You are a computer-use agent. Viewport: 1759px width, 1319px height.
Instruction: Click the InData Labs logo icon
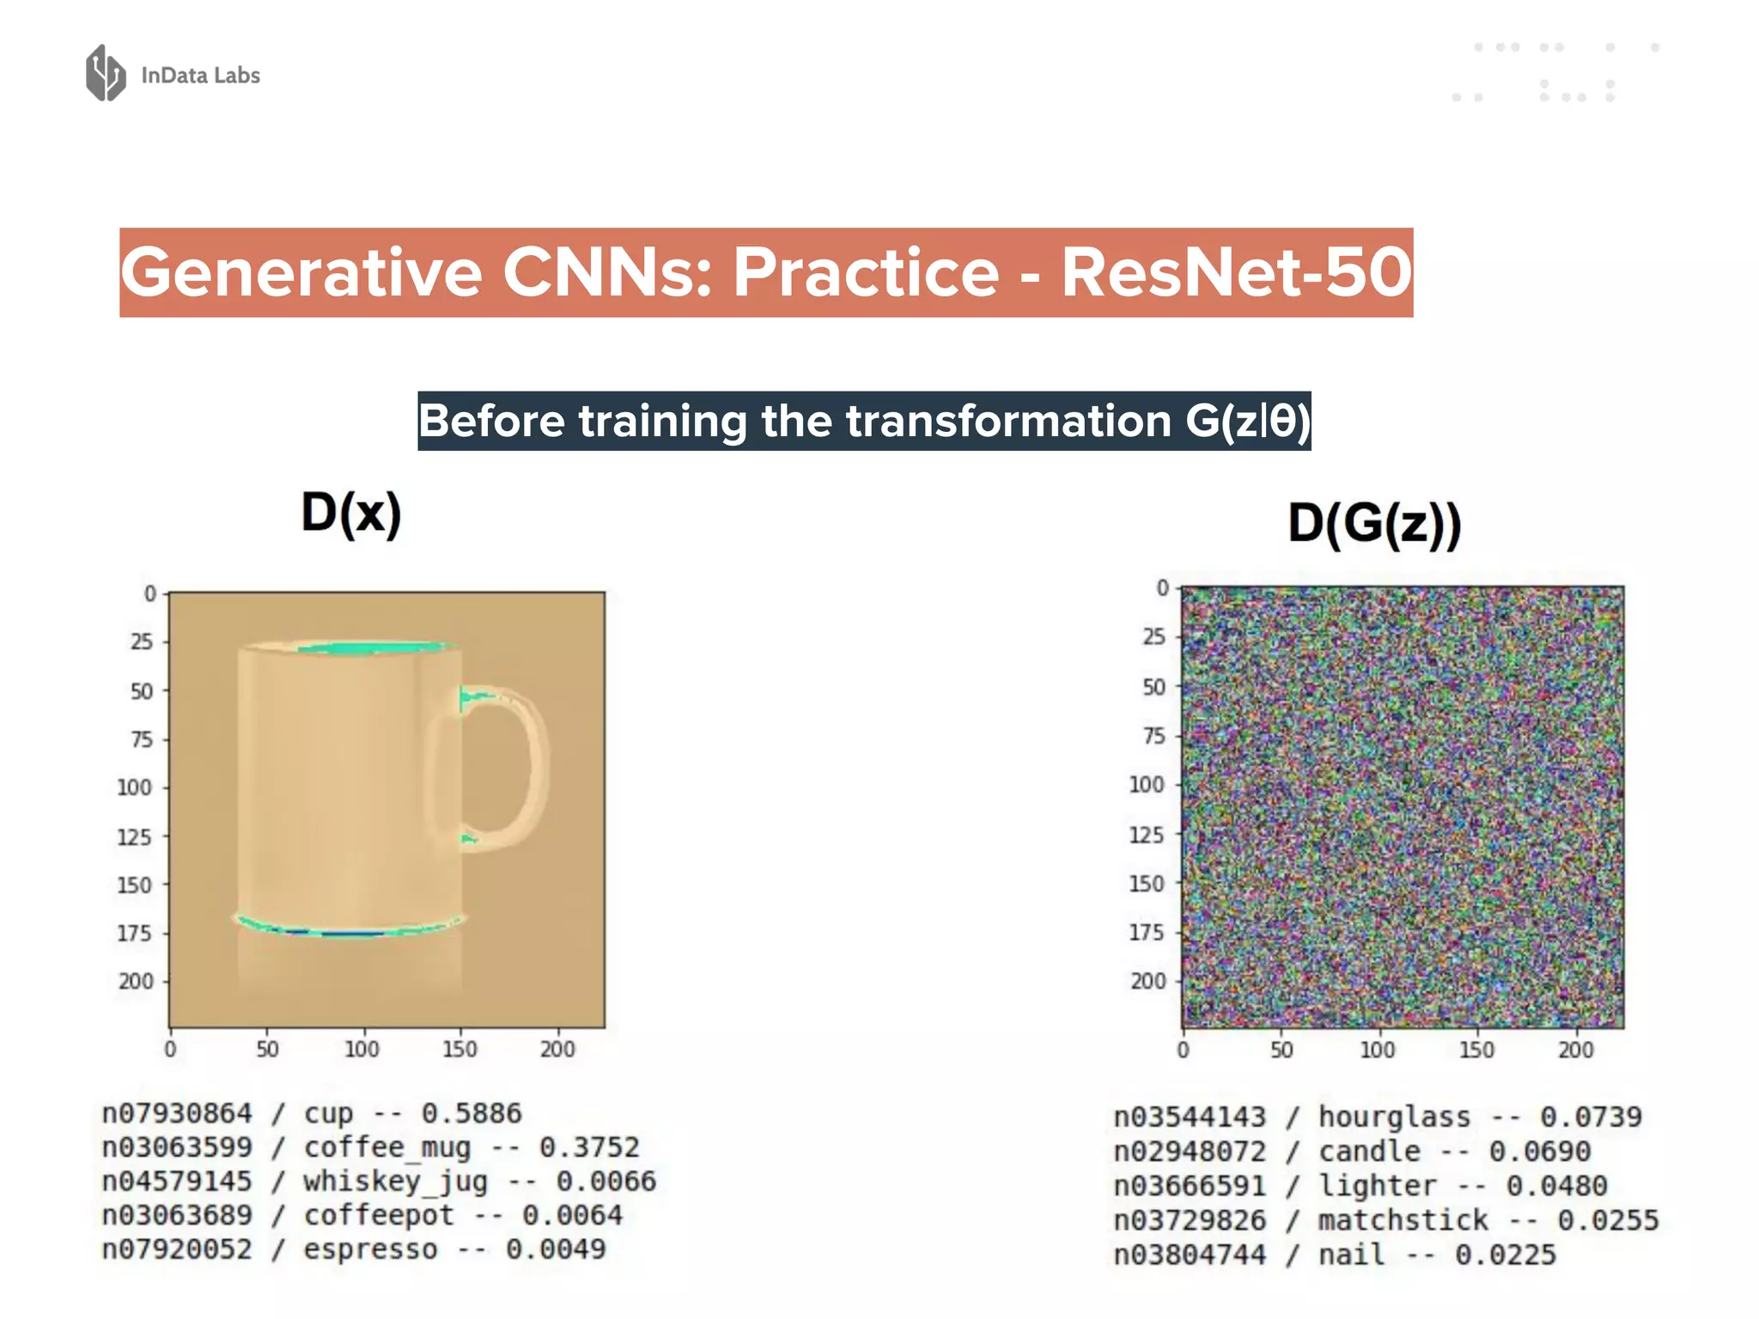click(106, 73)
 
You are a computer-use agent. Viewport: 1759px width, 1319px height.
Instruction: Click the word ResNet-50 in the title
click(1235, 273)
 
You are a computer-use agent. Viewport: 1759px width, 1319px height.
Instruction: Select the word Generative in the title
click(301, 273)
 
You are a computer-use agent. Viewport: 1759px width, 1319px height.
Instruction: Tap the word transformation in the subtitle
click(1008, 422)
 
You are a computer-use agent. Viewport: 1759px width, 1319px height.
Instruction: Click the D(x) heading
click(351, 514)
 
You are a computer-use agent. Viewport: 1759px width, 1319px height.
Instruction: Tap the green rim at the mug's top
click(374, 648)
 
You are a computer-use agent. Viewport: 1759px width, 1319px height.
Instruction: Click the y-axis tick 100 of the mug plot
click(134, 787)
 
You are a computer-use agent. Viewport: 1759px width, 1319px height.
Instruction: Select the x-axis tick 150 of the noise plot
click(1476, 1049)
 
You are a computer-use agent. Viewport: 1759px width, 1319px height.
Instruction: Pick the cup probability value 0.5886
click(471, 1114)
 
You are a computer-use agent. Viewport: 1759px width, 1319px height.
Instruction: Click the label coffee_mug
click(386, 1148)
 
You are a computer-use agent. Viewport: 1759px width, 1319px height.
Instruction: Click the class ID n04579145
click(177, 1182)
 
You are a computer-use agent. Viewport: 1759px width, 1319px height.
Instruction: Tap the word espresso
click(370, 1249)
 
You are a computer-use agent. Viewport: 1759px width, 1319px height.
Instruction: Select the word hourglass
click(1394, 1117)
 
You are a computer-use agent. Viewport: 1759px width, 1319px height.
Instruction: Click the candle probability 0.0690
click(1539, 1152)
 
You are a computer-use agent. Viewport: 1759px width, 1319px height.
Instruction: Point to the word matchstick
click(1403, 1220)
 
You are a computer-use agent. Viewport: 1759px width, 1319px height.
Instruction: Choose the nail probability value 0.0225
click(1505, 1255)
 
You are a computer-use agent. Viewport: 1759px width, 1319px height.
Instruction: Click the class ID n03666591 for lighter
click(1190, 1186)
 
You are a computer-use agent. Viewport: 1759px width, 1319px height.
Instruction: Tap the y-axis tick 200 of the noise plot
click(1147, 981)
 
